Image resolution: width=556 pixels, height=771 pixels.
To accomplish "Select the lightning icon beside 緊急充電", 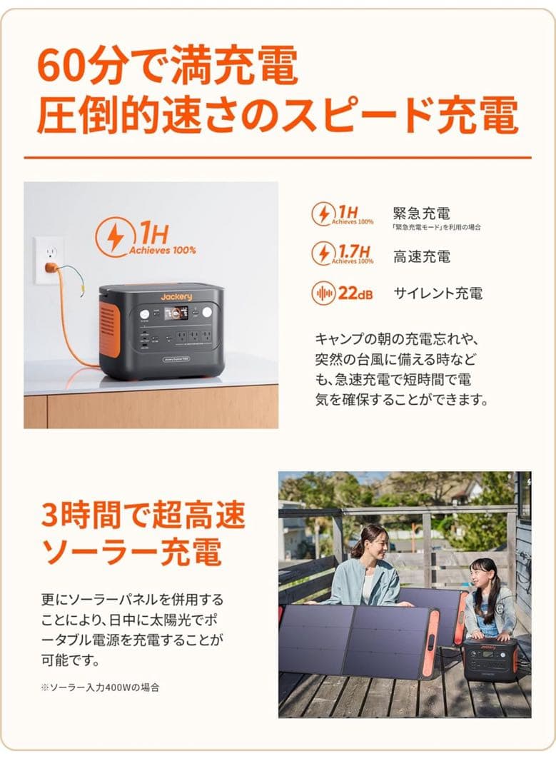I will pos(323,214).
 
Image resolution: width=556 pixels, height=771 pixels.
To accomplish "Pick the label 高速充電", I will pos(422,256).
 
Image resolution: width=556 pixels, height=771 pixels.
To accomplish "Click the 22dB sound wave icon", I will pos(323,293).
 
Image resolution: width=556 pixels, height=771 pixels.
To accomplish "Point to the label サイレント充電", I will pos(438,293).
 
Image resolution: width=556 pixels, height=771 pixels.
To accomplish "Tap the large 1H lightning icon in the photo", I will pos(115,238).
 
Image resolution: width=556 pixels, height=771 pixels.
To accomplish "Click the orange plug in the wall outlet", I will pos(51,268).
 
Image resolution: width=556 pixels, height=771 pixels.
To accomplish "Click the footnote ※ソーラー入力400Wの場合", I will pos(100,687).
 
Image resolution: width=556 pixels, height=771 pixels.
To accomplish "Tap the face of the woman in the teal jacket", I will pos(376,545).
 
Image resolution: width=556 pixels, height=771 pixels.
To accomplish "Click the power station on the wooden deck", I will pos(490,659).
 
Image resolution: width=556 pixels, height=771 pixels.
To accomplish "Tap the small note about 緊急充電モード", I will pos(436,227).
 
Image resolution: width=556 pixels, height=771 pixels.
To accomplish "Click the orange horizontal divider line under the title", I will pos(278,157).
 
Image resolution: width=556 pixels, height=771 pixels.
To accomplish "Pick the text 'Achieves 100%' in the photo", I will pos(163,251).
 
